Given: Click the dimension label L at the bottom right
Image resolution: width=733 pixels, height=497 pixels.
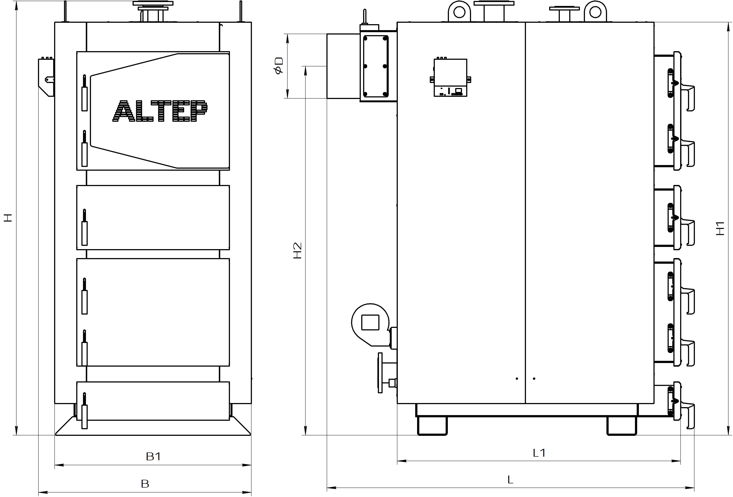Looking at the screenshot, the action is (x=510, y=480).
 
